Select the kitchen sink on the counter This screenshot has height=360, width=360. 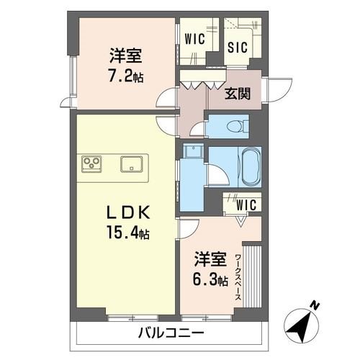click(132, 163)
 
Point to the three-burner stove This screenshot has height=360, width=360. click(93, 164)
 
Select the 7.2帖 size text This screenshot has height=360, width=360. click(127, 75)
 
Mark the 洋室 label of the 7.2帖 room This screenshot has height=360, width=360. click(125, 55)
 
